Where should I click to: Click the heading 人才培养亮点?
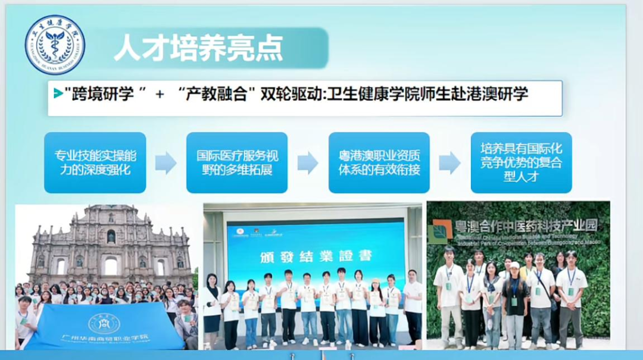coord(198,48)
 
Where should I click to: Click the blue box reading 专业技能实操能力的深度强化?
coord(95,162)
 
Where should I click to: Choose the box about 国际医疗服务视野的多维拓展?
coord(237,162)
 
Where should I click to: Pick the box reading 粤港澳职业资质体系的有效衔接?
coord(379,162)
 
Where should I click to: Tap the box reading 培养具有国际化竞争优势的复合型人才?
coord(521,162)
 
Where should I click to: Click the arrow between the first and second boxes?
coord(166,162)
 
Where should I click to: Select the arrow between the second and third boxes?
coord(308,162)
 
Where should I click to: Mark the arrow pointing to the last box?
coord(450,162)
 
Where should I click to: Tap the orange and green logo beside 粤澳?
coord(442,231)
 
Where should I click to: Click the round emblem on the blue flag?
coord(104,323)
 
